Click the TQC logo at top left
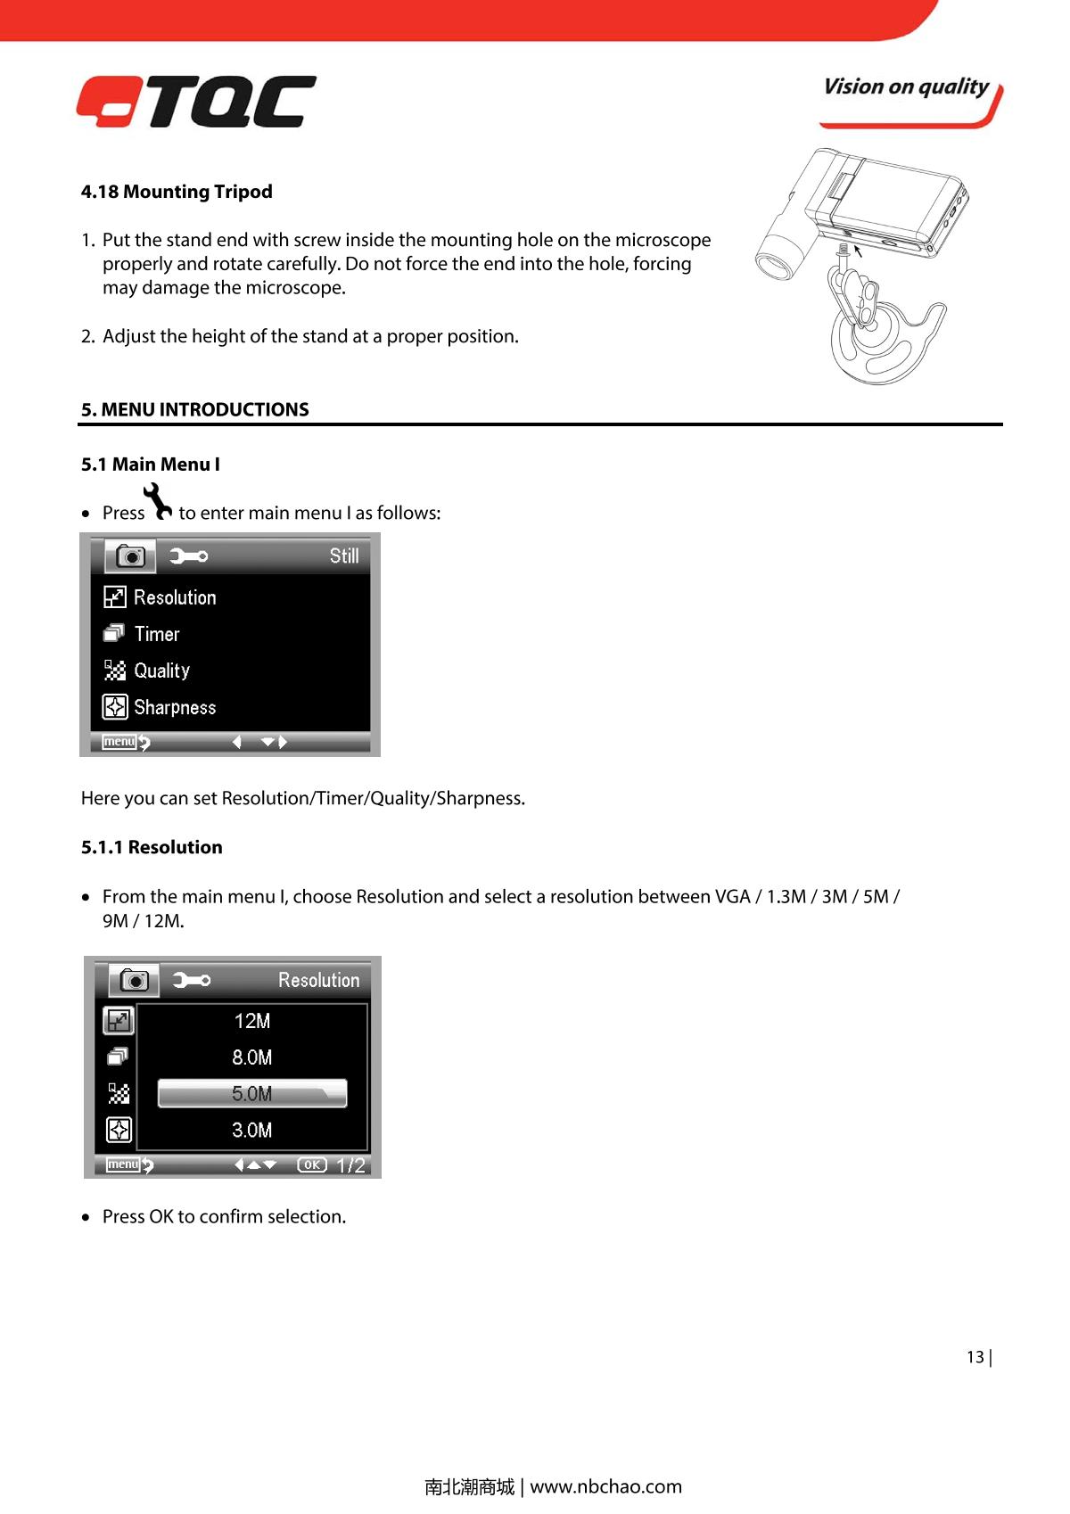point(196,101)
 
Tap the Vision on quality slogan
point(906,87)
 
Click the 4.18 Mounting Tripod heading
point(177,192)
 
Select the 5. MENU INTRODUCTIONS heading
point(195,410)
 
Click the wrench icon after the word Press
point(160,502)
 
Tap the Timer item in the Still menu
point(157,634)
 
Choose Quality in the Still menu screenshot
point(161,671)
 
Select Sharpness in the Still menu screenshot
point(175,708)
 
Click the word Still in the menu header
point(344,556)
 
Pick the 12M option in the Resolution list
point(252,1022)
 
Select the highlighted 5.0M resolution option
point(252,1094)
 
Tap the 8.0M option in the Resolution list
point(252,1058)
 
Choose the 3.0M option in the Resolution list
point(252,1131)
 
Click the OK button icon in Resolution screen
point(312,1164)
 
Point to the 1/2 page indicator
point(351,1165)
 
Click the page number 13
point(975,1357)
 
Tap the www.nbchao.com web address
point(605,1486)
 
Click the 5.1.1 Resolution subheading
point(152,848)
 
